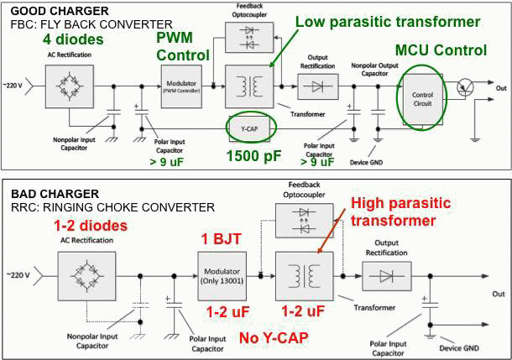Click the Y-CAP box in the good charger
click(x=251, y=128)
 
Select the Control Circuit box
click(x=422, y=96)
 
